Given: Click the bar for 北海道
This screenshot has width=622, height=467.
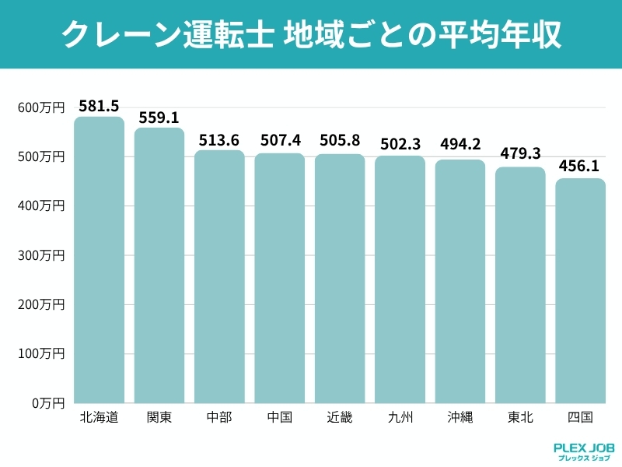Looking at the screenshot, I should [x=100, y=260].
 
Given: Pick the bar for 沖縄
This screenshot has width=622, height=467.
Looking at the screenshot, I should [x=460, y=281].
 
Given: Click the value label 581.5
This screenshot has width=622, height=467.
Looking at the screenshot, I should [x=100, y=105].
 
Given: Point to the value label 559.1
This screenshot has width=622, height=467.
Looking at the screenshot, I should [x=159, y=118].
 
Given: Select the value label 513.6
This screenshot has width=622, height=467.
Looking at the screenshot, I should [x=219, y=140].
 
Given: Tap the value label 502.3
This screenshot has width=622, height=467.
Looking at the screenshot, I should [x=400, y=145].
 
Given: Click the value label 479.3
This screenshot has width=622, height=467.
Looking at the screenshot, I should [x=520, y=154].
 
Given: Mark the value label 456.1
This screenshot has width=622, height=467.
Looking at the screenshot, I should [x=580, y=167].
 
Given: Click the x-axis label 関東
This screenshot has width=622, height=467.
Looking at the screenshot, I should [x=159, y=417].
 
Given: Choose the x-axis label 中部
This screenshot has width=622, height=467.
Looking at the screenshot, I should [x=219, y=417].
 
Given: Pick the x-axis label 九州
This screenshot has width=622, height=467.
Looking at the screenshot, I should [x=400, y=417].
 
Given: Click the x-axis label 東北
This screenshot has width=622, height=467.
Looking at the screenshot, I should [x=520, y=417].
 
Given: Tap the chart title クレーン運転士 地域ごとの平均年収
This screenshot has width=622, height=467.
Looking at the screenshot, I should [x=311, y=35].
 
